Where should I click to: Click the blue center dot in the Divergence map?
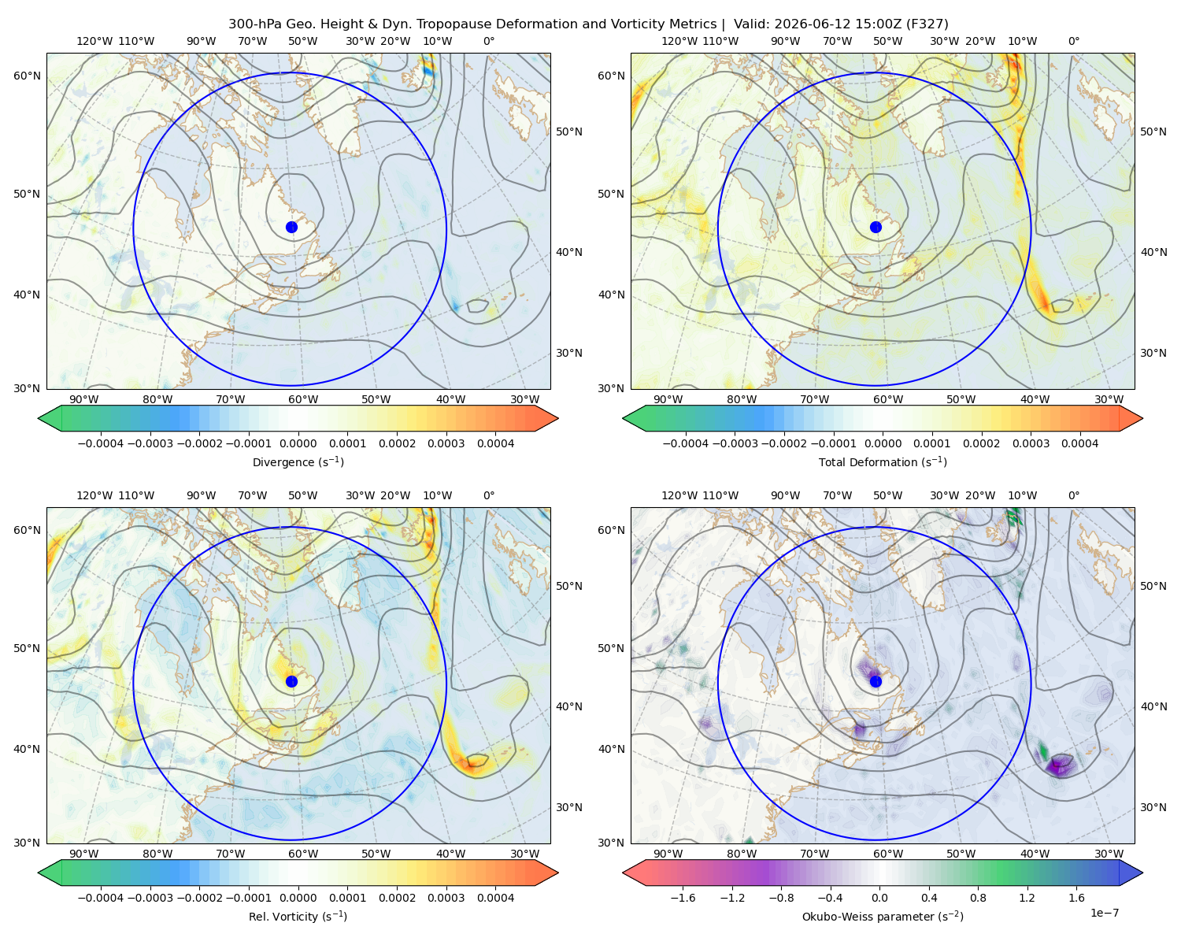(291, 227)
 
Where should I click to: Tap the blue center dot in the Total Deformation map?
(876, 227)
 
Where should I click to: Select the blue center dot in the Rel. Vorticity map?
(291, 681)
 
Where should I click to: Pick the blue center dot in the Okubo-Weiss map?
(876, 681)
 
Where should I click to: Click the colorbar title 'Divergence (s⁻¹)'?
(298, 461)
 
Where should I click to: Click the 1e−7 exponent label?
(1104, 913)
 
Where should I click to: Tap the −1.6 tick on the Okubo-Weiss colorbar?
(683, 897)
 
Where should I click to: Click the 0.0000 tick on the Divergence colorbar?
(298, 443)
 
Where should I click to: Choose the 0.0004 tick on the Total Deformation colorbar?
(1079, 443)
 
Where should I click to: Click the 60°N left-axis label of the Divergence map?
(27, 76)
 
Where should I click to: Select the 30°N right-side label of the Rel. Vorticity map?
(569, 806)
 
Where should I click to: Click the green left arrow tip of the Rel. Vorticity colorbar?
(39, 873)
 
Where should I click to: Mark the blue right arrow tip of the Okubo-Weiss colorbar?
(1142, 873)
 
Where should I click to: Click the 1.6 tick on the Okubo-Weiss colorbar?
(1077, 897)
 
